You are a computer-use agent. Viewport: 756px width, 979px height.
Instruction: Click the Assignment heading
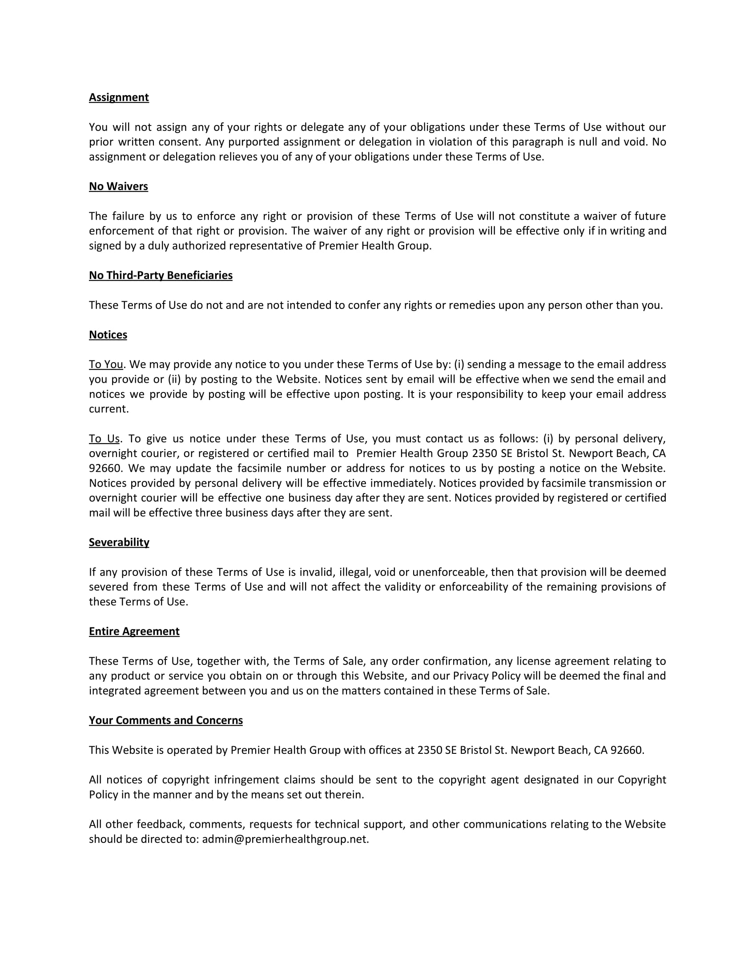[x=119, y=97]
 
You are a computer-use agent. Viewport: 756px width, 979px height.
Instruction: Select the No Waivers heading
[x=118, y=186]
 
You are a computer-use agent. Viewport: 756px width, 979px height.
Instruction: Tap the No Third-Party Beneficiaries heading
[x=161, y=275]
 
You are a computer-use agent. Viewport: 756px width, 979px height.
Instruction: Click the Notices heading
[x=108, y=334]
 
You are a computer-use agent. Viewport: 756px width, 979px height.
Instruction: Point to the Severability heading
[x=119, y=542]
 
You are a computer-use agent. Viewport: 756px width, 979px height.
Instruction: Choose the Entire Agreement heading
[x=134, y=631]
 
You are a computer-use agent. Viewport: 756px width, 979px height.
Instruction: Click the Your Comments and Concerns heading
[x=166, y=720]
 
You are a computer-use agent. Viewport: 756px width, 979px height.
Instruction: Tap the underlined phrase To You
[x=106, y=364]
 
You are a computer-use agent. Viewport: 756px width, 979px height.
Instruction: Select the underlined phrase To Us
[x=104, y=438]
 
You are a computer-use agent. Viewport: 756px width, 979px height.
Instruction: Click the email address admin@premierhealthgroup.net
[x=285, y=839]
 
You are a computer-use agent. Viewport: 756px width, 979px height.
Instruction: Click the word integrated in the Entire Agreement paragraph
[x=115, y=690]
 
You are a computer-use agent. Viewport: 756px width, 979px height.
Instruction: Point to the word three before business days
[x=209, y=512]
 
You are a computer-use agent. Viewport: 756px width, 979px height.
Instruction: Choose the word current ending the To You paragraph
[x=108, y=409]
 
